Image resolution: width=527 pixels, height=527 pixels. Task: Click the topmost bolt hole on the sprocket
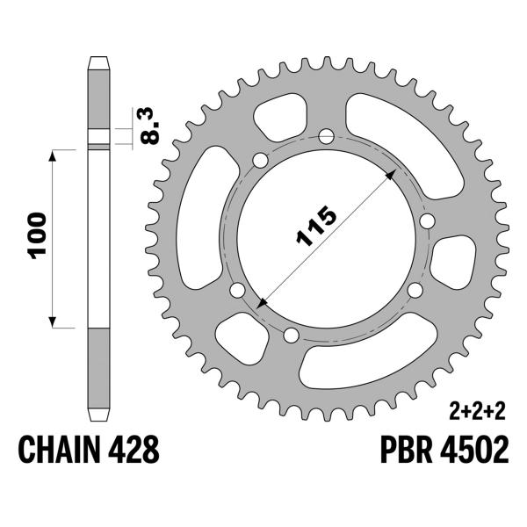point(327,136)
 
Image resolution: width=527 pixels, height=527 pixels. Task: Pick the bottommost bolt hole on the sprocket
point(292,333)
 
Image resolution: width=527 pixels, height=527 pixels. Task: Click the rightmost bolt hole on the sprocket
point(427,222)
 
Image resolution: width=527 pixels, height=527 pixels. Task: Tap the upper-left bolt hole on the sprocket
point(260,161)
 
